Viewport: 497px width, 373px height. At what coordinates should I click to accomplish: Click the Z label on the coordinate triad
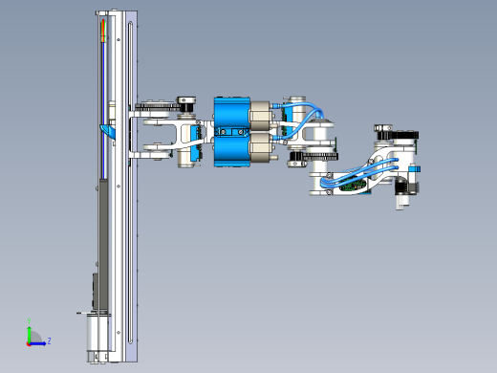[x=49, y=340]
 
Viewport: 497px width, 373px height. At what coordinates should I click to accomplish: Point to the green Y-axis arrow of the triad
[x=30, y=332]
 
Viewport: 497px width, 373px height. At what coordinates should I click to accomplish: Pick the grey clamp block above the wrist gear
[x=382, y=126]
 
